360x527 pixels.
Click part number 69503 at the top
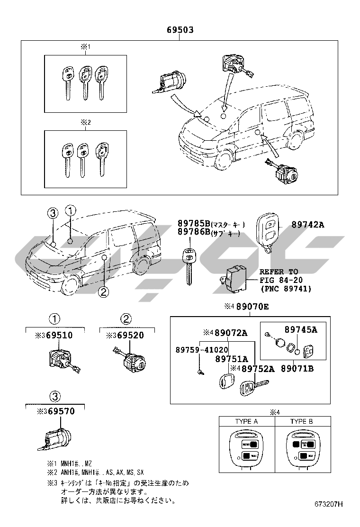pos(180,30)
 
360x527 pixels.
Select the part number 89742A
pos(307,225)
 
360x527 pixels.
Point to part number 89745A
pos(301,329)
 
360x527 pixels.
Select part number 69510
pos(59,336)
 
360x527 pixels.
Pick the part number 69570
pos(59,411)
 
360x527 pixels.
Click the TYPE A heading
pos(246,421)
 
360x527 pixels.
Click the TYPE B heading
pos(301,421)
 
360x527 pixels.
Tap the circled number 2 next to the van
pos(104,292)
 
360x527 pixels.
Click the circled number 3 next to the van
pos(53,213)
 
